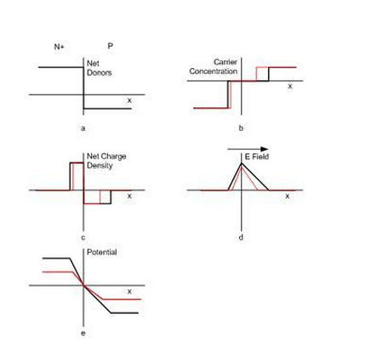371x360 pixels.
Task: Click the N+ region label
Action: click(59, 47)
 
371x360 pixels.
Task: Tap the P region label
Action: click(111, 46)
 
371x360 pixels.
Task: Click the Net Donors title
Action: click(99, 68)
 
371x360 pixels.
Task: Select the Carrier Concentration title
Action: click(214, 66)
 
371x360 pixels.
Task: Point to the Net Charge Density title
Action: click(106, 161)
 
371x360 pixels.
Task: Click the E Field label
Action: click(257, 157)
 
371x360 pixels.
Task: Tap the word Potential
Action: click(101, 252)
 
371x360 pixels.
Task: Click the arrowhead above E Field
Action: click(265, 149)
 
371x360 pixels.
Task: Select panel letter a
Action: click(83, 129)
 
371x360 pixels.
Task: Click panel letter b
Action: click(241, 129)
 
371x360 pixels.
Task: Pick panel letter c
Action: click(83, 237)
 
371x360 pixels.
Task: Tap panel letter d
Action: click(241, 237)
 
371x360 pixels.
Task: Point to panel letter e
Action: click(83, 333)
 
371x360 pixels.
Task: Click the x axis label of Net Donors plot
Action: click(129, 100)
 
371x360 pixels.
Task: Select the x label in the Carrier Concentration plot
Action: click(289, 86)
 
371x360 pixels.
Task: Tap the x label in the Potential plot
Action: click(129, 292)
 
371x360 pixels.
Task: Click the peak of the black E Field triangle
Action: click(242, 163)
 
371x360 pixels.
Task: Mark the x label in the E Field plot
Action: click(288, 196)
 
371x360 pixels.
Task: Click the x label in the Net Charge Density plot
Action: click(129, 196)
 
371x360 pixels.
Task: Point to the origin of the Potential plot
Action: click(83, 285)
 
